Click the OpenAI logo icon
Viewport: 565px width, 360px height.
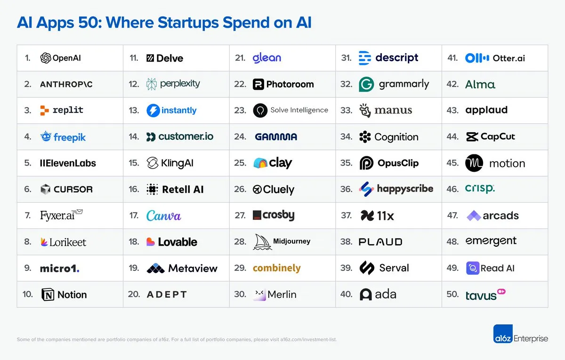[x=46, y=58]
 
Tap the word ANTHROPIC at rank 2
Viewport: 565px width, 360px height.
[x=66, y=84]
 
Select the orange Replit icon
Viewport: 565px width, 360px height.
[x=44, y=111]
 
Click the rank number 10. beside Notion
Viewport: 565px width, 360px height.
[x=27, y=295]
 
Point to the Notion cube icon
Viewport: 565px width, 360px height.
[x=48, y=295]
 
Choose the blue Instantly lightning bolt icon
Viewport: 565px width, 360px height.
[x=153, y=111]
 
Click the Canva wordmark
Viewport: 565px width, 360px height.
[x=163, y=216]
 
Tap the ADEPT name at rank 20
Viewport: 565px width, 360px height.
[x=167, y=295]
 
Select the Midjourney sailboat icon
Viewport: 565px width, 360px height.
[x=262, y=242]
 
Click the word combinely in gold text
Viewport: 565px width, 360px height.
[x=276, y=268]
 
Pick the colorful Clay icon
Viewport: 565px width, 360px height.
[x=260, y=163]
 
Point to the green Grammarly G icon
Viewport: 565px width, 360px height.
[x=366, y=84]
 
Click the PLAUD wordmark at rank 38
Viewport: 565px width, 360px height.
[x=380, y=242]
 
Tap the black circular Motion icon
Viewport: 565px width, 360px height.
[x=474, y=163]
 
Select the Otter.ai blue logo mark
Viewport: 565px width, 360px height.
[x=476, y=58]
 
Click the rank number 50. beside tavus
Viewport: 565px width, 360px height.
[x=452, y=295]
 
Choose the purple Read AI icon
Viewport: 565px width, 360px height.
[x=472, y=268]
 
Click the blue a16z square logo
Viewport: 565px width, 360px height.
[x=502, y=334]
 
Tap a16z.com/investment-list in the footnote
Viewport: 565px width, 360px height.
[x=308, y=339]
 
